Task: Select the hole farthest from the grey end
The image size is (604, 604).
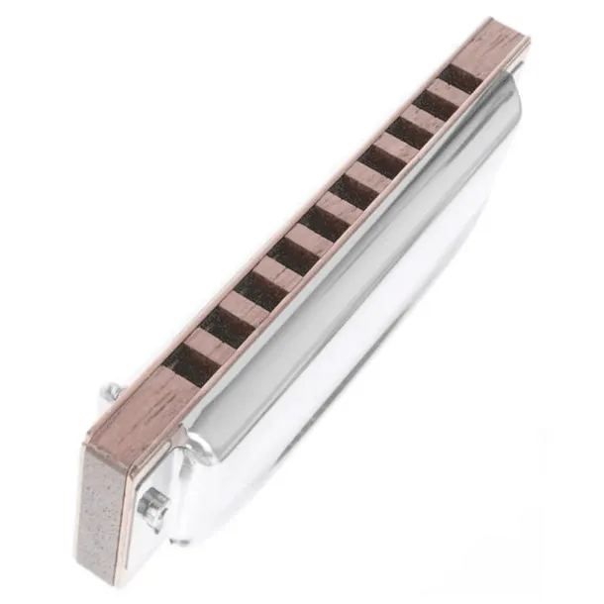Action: tap(460, 76)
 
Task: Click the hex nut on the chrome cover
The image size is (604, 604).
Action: tap(151, 504)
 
